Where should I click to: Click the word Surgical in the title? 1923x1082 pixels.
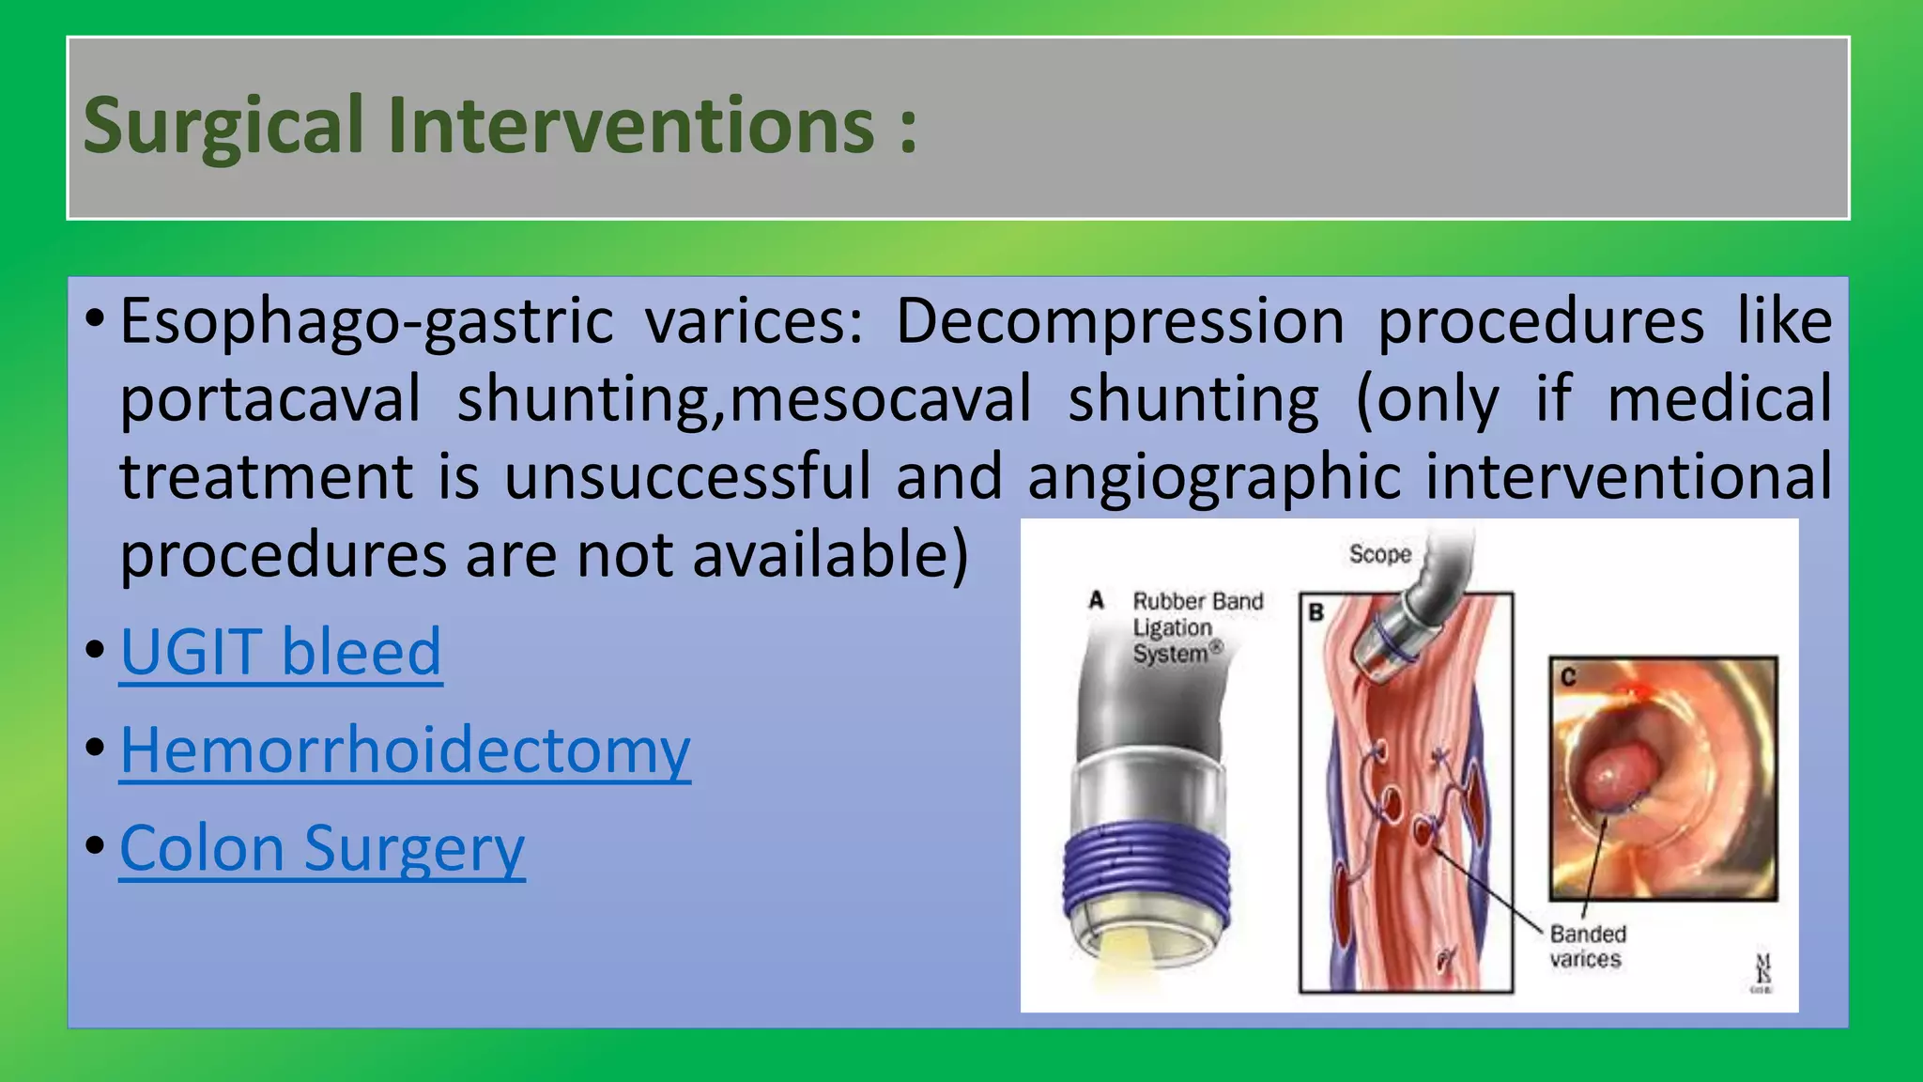(x=223, y=127)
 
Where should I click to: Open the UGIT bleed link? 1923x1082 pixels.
(x=281, y=652)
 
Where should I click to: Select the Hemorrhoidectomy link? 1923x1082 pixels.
(x=405, y=750)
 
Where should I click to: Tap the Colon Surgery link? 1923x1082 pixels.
(x=322, y=848)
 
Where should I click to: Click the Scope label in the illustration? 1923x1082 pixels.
(x=1379, y=554)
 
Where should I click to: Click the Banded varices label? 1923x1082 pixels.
(x=1587, y=946)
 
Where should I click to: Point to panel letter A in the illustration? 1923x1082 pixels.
(x=1096, y=600)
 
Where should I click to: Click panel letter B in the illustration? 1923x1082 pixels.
(x=1316, y=612)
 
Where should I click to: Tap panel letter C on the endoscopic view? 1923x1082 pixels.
(x=1567, y=675)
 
